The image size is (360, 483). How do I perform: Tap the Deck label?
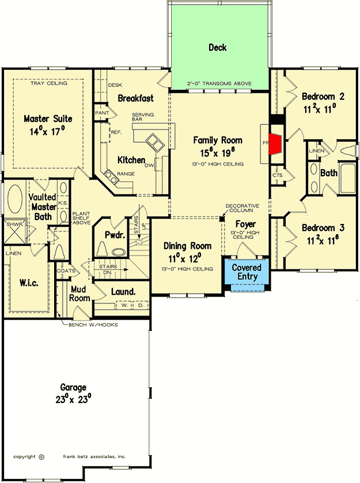(x=217, y=48)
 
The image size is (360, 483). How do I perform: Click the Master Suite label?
(x=48, y=119)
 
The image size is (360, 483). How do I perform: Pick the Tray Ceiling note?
(x=48, y=83)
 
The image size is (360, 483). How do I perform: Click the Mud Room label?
(x=80, y=294)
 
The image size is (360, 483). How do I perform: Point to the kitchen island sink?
(x=154, y=140)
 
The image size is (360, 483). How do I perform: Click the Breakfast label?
(x=135, y=98)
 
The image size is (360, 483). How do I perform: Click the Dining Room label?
(x=186, y=246)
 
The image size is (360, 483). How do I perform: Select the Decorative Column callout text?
(x=242, y=208)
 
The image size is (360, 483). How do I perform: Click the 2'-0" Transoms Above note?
(x=219, y=85)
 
